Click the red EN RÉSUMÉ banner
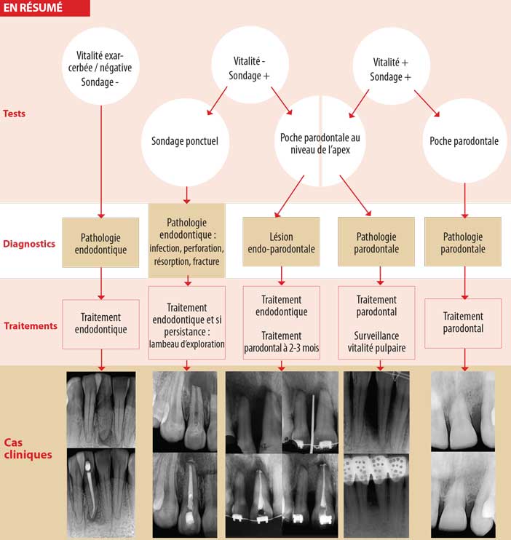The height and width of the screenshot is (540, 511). point(44,8)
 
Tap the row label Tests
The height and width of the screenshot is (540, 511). point(16,114)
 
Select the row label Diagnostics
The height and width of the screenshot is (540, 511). point(28,244)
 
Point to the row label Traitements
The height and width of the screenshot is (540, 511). point(30,325)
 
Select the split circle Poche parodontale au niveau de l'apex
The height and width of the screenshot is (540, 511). point(320,142)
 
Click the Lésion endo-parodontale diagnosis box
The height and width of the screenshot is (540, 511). point(281,241)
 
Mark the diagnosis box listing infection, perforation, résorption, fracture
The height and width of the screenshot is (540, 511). point(186,240)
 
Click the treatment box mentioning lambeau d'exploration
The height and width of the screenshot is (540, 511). point(186,325)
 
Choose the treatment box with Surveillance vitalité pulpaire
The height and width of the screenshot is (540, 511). point(376,325)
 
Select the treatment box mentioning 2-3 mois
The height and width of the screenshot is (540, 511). point(281,325)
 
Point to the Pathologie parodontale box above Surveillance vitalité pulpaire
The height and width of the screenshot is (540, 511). point(376,241)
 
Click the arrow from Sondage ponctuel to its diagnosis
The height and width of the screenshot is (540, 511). point(186,194)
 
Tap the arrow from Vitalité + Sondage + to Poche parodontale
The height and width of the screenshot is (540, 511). point(426,103)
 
